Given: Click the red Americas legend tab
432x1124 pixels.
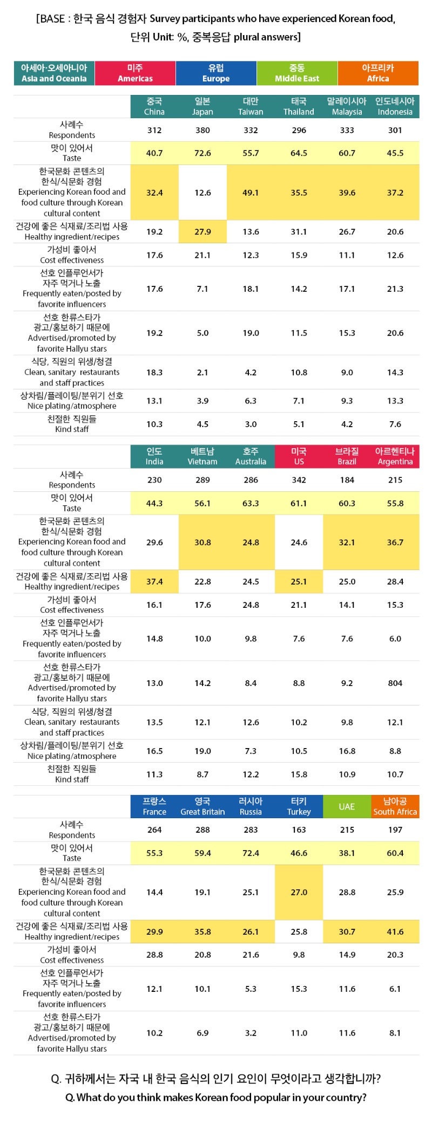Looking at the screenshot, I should coord(135,73).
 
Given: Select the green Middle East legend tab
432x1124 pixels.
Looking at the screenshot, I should coord(297,73).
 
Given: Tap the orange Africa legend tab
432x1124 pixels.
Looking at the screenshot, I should coord(378,73).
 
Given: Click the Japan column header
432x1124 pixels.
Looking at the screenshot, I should coord(202,107).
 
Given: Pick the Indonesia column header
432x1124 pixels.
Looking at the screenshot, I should coord(395,107).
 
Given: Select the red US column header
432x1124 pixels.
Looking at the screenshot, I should coord(299,456).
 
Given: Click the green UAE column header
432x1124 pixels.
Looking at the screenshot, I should coord(347,806).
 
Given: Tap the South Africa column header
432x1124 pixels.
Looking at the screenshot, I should coord(395,806).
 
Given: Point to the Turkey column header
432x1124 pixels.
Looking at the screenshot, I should coord(299,806).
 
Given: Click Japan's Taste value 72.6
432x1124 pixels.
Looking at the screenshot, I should coord(202,153).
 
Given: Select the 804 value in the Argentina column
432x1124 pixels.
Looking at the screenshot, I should coord(395,683).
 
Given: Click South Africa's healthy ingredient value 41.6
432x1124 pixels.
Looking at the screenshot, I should coord(395,931).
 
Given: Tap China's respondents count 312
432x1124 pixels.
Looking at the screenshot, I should coord(154,130).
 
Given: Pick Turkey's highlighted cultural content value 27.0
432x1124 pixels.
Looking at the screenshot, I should coord(299,892).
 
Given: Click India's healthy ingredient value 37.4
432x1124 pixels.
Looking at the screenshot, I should coord(154,581).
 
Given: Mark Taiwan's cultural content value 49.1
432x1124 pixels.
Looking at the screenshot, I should coord(251,193).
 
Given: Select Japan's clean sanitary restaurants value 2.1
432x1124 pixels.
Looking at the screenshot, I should coord(202,372).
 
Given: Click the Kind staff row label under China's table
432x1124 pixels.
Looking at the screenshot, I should coord(72,424).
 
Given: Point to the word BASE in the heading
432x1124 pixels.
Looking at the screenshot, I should coord(52,19).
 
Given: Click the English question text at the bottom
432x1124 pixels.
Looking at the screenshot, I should coord(215,1098).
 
